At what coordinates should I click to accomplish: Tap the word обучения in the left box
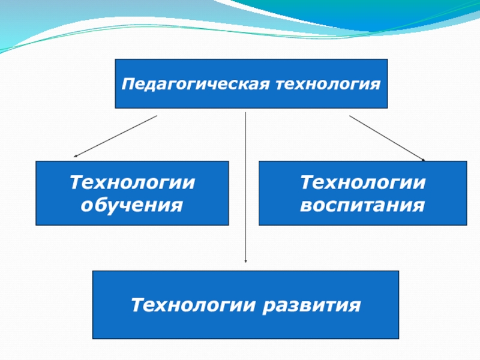click(x=132, y=206)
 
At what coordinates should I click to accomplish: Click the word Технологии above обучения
click(x=132, y=182)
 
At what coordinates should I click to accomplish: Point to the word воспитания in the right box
click(x=362, y=206)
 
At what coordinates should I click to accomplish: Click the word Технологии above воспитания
click(x=362, y=182)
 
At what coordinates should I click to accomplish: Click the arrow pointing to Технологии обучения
click(x=114, y=137)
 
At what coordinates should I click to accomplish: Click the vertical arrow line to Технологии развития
click(x=246, y=186)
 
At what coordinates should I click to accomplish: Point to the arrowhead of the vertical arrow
click(x=246, y=261)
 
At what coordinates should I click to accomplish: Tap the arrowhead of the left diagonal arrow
click(x=74, y=157)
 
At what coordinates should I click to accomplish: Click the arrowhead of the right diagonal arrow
click(x=423, y=160)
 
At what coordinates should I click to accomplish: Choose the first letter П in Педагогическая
click(x=127, y=83)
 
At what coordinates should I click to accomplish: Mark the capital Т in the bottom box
click(x=136, y=306)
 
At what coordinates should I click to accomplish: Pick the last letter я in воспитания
click(x=419, y=206)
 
